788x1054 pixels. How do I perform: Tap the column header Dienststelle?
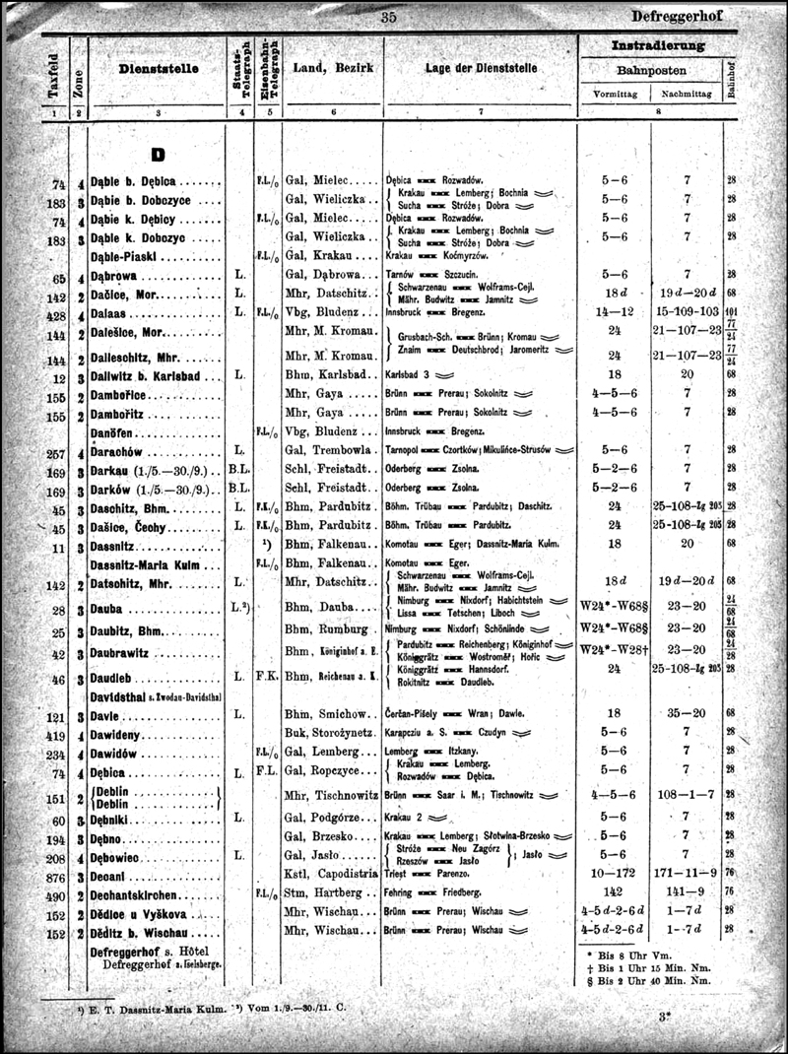pyautogui.click(x=159, y=69)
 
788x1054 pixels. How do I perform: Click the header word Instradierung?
pyautogui.click(x=658, y=45)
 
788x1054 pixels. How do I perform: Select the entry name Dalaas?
pyautogui.click(x=111, y=315)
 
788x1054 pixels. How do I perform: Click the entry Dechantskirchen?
pyautogui.click(x=133, y=894)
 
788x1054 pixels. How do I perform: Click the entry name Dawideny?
pyautogui.click(x=118, y=734)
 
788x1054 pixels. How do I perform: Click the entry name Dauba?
pyautogui.click(x=109, y=610)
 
